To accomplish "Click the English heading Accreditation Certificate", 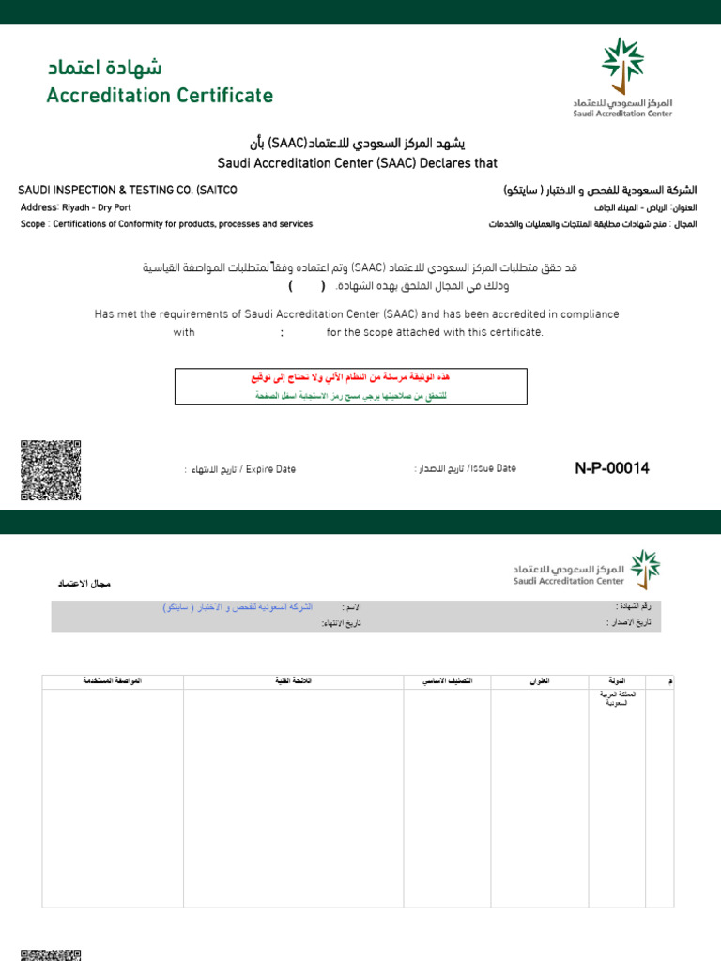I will pyautogui.click(x=160, y=96).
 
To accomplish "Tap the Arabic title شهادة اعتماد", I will pyautogui.click(x=104, y=69).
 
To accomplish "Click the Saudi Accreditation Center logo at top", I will pyautogui.click(x=623, y=77).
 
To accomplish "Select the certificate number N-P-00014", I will pyautogui.click(x=611, y=468).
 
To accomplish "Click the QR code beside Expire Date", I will pyautogui.click(x=51, y=469).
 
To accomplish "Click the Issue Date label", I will pyautogui.click(x=465, y=468).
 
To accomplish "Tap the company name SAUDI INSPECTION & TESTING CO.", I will pyautogui.click(x=128, y=191).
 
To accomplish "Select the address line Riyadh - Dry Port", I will pyautogui.click(x=75, y=207).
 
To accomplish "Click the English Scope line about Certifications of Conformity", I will pyautogui.click(x=166, y=224).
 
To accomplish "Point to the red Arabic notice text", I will pyautogui.click(x=350, y=377).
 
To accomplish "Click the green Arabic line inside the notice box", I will pyautogui.click(x=350, y=396).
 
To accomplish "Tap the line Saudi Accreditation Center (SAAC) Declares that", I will pyautogui.click(x=358, y=162).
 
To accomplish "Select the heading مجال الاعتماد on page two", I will pyautogui.click(x=84, y=584).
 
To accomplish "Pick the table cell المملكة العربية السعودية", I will pyautogui.click(x=616, y=697).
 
